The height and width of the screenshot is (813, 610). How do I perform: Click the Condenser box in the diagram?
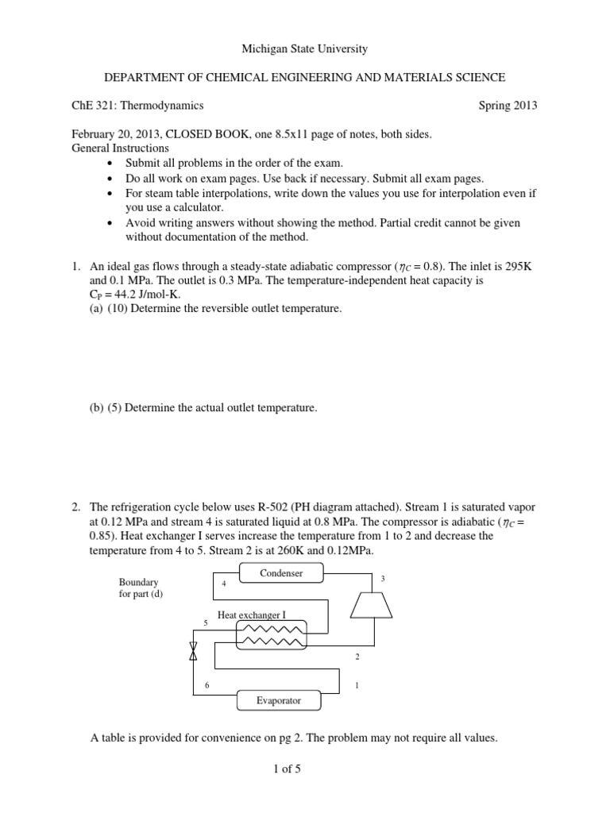(280, 573)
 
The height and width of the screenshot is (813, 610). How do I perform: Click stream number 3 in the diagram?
(383, 579)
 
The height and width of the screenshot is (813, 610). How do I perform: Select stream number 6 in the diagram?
(207, 685)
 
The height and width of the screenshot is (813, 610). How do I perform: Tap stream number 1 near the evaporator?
(357, 685)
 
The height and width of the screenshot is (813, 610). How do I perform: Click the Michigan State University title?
(305, 49)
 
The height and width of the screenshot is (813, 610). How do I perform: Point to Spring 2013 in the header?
(508, 105)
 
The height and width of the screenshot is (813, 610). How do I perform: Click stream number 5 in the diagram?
(206, 623)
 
